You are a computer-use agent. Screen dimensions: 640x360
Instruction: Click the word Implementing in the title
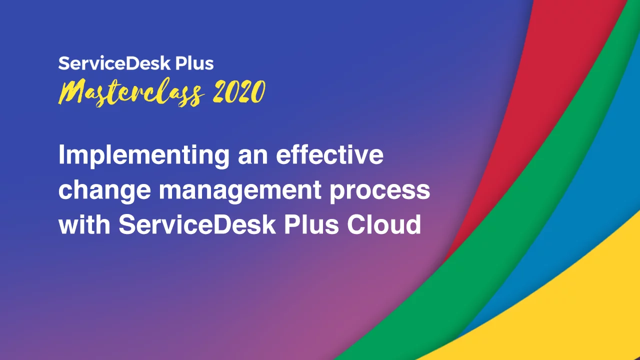tap(144, 155)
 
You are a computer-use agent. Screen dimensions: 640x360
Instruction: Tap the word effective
tap(329, 154)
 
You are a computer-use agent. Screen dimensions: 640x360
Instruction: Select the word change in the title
tap(104, 191)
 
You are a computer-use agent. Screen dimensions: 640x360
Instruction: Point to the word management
tap(240, 191)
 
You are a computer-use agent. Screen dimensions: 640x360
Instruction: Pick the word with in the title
tap(84, 224)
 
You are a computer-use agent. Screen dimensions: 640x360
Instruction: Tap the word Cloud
tap(384, 224)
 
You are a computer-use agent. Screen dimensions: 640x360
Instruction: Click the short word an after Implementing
tap(253, 157)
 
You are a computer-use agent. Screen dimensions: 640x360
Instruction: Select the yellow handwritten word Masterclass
tap(131, 92)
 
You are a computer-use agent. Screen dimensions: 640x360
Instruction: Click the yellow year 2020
tap(239, 91)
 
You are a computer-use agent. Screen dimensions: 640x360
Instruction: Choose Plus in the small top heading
tap(194, 63)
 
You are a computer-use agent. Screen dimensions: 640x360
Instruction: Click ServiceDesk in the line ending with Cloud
tap(197, 224)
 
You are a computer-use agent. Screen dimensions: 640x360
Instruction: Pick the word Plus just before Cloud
tap(311, 224)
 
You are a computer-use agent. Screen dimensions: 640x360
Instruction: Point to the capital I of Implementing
tap(61, 154)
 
